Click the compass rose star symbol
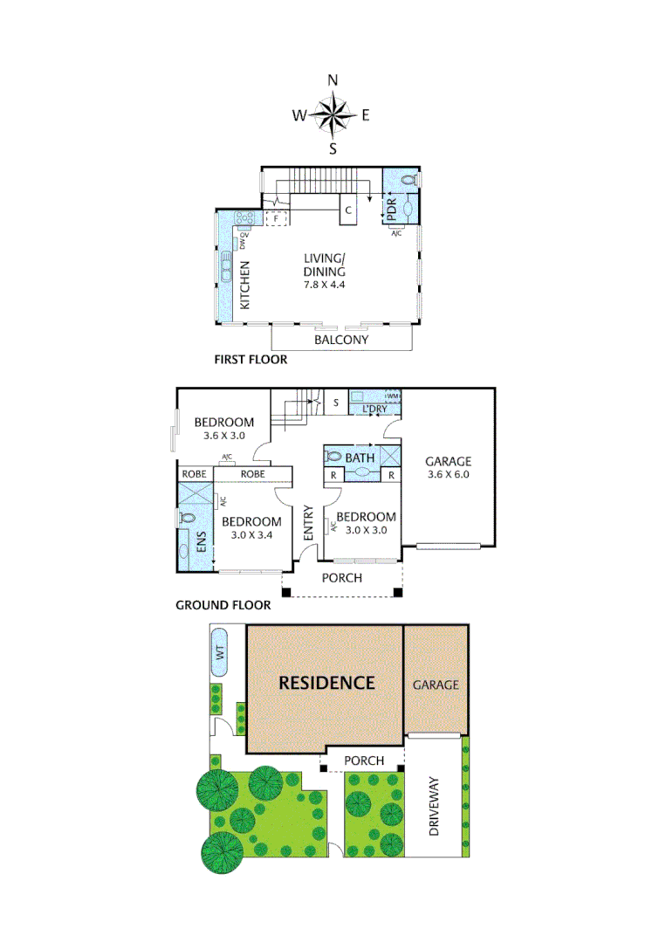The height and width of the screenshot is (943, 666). [x=333, y=114]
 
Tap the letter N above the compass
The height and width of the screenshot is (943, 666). [x=333, y=80]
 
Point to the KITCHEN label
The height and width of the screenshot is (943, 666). [x=245, y=286]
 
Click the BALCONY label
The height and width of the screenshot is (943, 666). [x=341, y=340]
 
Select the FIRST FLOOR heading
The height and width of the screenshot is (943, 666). [x=251, y=359]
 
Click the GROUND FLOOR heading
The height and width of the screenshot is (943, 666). [x=223, y=604]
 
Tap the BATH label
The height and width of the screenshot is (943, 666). [x=360, y=458]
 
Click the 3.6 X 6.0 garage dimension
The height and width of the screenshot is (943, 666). [x=449, y=475]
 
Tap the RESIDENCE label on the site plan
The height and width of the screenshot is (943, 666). [x=326, y=683]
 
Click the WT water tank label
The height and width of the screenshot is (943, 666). [x=220, y=651]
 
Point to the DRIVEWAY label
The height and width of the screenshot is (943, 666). [x=436, y=806]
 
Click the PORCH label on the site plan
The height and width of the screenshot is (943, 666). [x=364, y=761]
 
